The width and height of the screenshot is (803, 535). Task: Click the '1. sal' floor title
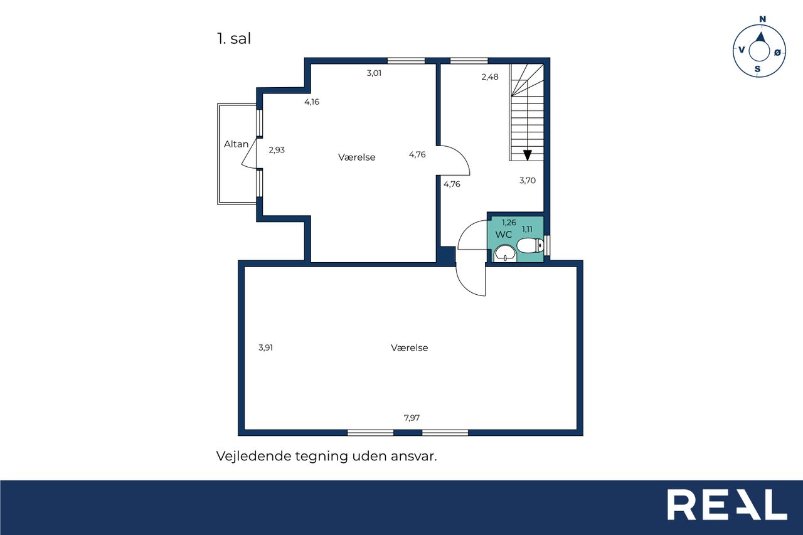234,39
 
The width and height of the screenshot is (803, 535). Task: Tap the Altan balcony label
237,144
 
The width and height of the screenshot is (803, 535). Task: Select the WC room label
503,235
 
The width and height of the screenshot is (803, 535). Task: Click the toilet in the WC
531,245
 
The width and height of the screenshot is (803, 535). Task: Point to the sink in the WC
505,253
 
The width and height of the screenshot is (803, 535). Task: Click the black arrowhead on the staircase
528,155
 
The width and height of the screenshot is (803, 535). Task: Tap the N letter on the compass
762,19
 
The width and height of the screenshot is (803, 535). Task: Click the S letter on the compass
757,69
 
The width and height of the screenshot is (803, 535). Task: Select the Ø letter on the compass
777,53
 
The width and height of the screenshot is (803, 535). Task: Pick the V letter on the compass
742,50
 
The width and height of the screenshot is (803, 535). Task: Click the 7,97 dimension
412,418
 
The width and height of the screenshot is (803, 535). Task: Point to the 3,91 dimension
265,347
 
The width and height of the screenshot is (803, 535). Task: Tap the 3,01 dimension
374,73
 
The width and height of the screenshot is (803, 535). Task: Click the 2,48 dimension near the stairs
490,77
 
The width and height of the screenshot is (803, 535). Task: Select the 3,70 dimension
528,180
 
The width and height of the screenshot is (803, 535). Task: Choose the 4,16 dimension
312,102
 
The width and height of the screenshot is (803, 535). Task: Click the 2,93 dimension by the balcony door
277,150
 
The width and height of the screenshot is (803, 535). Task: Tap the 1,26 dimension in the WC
509,223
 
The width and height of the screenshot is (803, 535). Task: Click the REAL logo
727,504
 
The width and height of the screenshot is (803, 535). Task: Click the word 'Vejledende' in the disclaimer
253,456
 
